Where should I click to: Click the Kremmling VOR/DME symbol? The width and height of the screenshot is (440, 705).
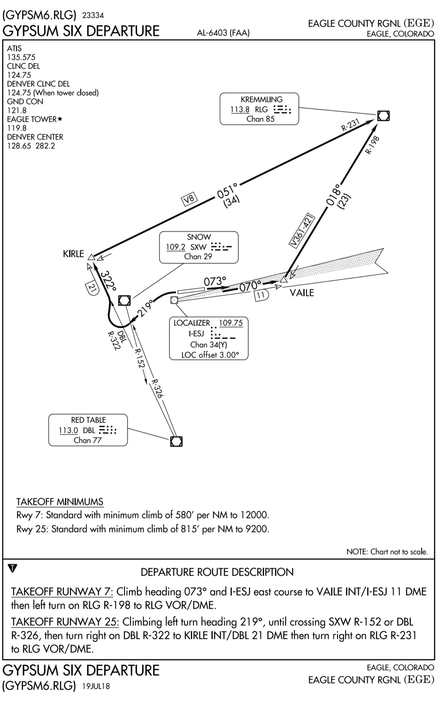[383, 116]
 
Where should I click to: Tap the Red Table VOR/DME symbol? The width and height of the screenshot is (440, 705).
[176, 441]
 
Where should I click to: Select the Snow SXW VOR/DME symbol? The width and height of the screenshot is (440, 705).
[124, 301]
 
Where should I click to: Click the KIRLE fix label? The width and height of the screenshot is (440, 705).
[73, 254]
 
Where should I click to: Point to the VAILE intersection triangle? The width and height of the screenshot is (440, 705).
[284, 280]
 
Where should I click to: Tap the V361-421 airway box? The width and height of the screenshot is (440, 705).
[303, 230]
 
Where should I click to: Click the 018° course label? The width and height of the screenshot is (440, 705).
[333, 194]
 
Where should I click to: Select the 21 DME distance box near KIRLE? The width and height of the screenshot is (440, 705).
[91, 289]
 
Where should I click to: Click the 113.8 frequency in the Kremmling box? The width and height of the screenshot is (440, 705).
[240, 109]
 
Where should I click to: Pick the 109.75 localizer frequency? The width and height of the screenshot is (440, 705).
[231, 323]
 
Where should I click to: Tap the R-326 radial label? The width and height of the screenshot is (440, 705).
[157, 389]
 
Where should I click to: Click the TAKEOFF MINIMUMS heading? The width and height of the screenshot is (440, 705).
[60, 502]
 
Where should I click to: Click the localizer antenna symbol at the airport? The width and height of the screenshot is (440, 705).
[174, 300]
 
